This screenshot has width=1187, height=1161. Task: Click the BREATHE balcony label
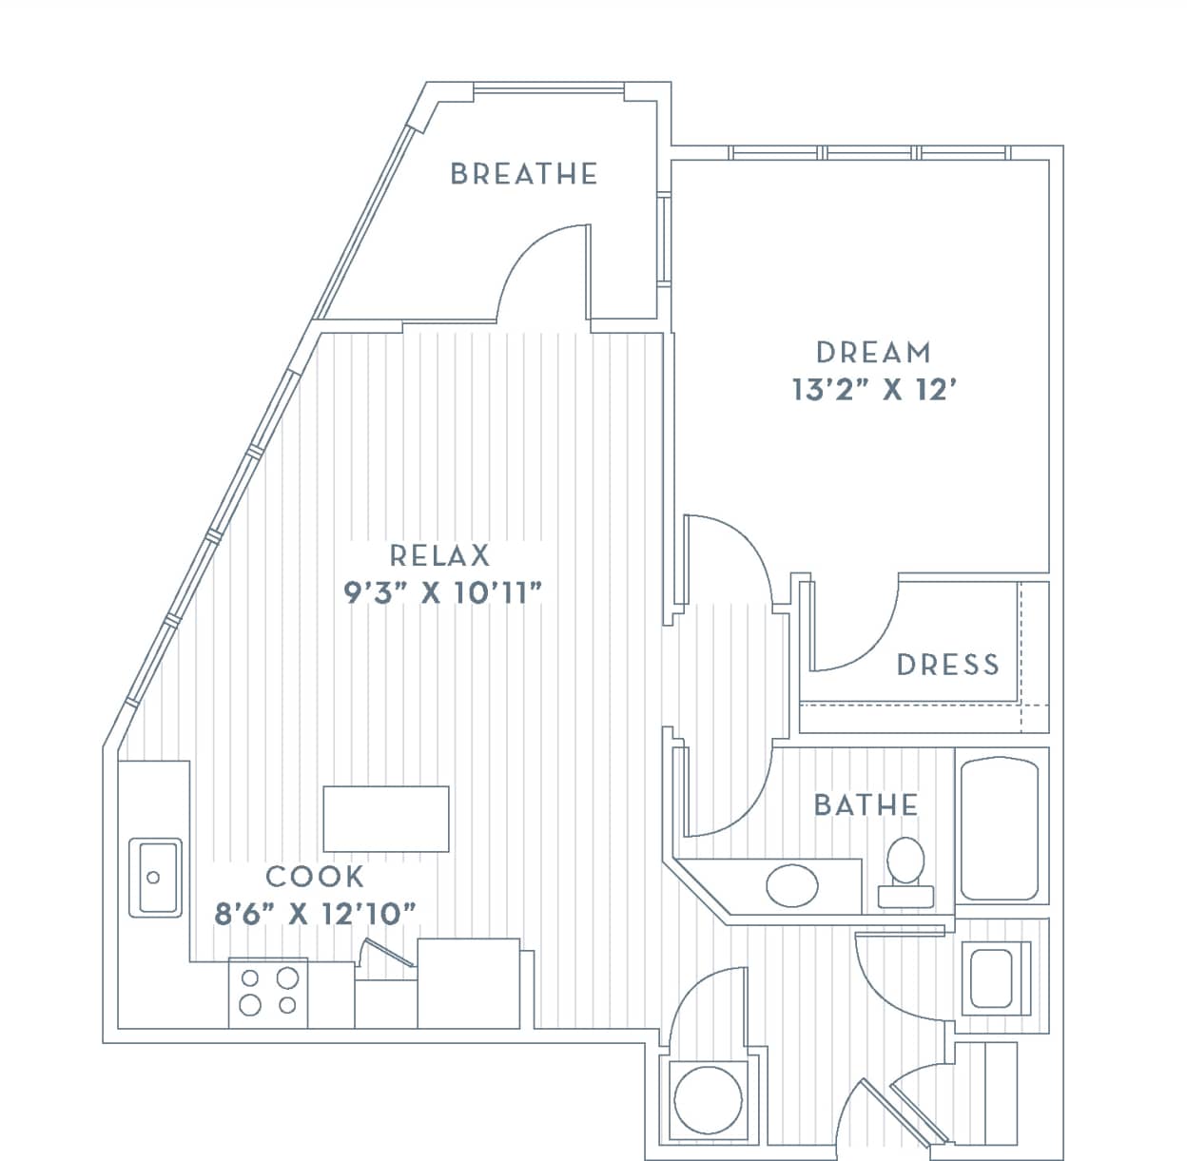(x=524, y=174)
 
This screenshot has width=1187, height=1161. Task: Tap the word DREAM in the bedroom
(x=873, y=353)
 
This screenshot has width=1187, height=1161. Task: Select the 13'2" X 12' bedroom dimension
(x=873, y=390)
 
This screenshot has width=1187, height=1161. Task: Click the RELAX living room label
(x=439, y=555)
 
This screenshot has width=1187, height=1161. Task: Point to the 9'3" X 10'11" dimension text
(x=443, y=593)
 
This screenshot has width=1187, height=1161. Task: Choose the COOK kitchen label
(x=315, y=876)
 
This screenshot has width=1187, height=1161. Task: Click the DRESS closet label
(x=948, y=665)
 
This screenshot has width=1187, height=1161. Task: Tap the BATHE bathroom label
(x=866, y=805)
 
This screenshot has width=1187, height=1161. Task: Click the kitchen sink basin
(x=155, y=877)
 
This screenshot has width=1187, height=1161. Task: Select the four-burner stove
(x=268, y=992)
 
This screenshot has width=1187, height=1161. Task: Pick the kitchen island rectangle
(x=385, y=819)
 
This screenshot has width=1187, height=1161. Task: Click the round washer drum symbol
(x=708, y=1099)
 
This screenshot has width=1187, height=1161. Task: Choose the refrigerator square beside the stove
(x=469, y=983)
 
